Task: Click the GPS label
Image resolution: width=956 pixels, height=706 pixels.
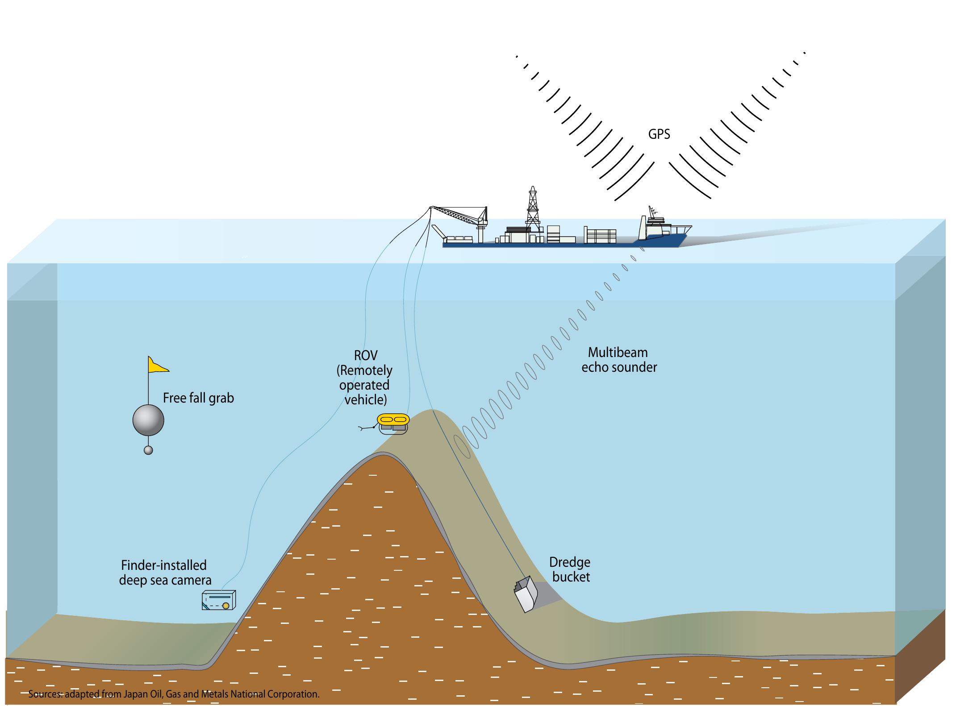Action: (x=659, y=134)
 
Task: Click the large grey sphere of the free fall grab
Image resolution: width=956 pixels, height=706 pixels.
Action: (x=148, y=420)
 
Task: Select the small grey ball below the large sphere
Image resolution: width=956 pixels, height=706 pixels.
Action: (x=148, y=450)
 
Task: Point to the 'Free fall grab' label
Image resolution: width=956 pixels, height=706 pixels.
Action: (x=198, y=398)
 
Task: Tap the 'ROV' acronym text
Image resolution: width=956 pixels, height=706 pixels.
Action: (x=365, y=356)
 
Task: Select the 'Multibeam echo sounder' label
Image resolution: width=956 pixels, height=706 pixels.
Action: (x=618, y=360)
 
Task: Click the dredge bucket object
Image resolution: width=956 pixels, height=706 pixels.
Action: (x=526, y=594)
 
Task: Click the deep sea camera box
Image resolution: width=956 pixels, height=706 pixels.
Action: (x=218, y=600)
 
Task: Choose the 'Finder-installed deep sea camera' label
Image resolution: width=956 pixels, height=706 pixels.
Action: (x=165, y=573)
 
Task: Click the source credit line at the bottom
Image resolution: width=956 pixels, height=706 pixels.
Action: (x=174, y=694)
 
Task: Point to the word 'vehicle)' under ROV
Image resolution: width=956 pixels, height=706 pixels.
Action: (x=365, y=399)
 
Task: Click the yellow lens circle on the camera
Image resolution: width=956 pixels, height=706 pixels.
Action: (x=226, y=606)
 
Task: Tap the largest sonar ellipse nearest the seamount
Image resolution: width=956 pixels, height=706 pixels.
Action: (x=463, y=446)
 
